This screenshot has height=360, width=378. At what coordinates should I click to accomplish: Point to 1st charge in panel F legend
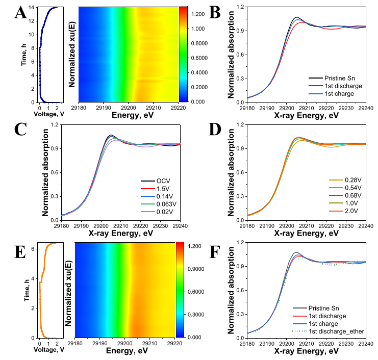(x=337, y=323)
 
